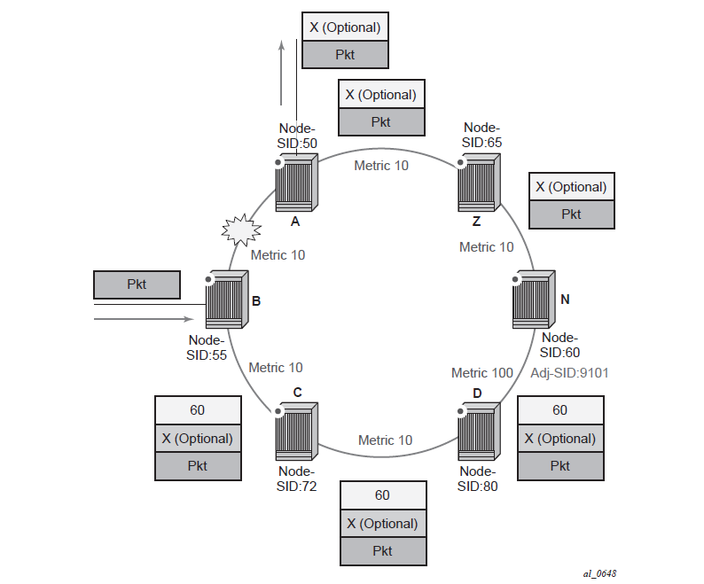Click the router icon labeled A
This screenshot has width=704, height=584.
coord(295,184)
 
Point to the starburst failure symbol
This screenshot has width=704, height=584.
coord(241,230)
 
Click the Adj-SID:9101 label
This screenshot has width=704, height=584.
coord(568,373)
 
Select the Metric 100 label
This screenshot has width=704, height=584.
coord(482,373)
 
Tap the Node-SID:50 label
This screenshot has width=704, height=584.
coord(298,136)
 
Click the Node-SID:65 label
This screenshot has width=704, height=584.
coord(482,136)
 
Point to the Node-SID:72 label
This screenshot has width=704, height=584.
coord(298,479)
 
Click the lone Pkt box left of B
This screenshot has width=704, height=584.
coord(137,284)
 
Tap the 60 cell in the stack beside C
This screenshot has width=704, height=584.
coord(198,410)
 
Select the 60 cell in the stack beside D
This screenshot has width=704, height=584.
coord(560,410)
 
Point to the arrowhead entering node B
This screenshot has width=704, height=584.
coord(188,319)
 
